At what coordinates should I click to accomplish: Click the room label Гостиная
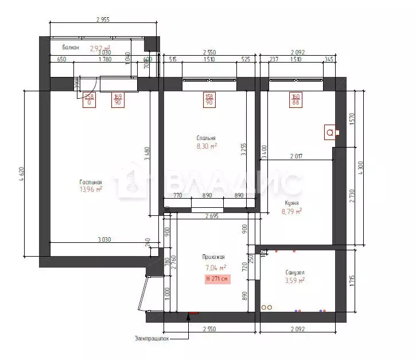click(x=91, y=183)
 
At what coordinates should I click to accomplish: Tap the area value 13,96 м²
click(x=91, y=189)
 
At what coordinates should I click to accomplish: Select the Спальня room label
click(x=206, y=138)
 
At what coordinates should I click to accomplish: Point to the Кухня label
click(x=291, y=203)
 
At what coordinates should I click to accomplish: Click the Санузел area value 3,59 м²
click(x=294, y=281)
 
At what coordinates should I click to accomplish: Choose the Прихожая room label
click(x=213, y=258)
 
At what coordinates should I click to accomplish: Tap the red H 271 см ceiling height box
click(x=217, y=279)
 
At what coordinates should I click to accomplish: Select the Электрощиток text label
click(x=152, y=338)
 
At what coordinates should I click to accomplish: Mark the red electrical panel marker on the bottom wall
click(x=193, y=313)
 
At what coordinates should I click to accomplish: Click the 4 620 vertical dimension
click(x=22, y=173)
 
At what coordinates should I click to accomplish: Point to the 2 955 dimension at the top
click(x=102, y=20)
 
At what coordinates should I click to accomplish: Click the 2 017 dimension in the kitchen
click(x=297, y=156)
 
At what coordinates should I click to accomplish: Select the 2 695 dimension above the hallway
click(x=212, y=216)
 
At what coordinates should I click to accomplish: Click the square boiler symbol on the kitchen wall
click(x=330, y=132)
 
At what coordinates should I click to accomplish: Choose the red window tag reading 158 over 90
click(x=209, y=100)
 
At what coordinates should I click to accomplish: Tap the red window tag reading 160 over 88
click(x=296, y=100)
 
